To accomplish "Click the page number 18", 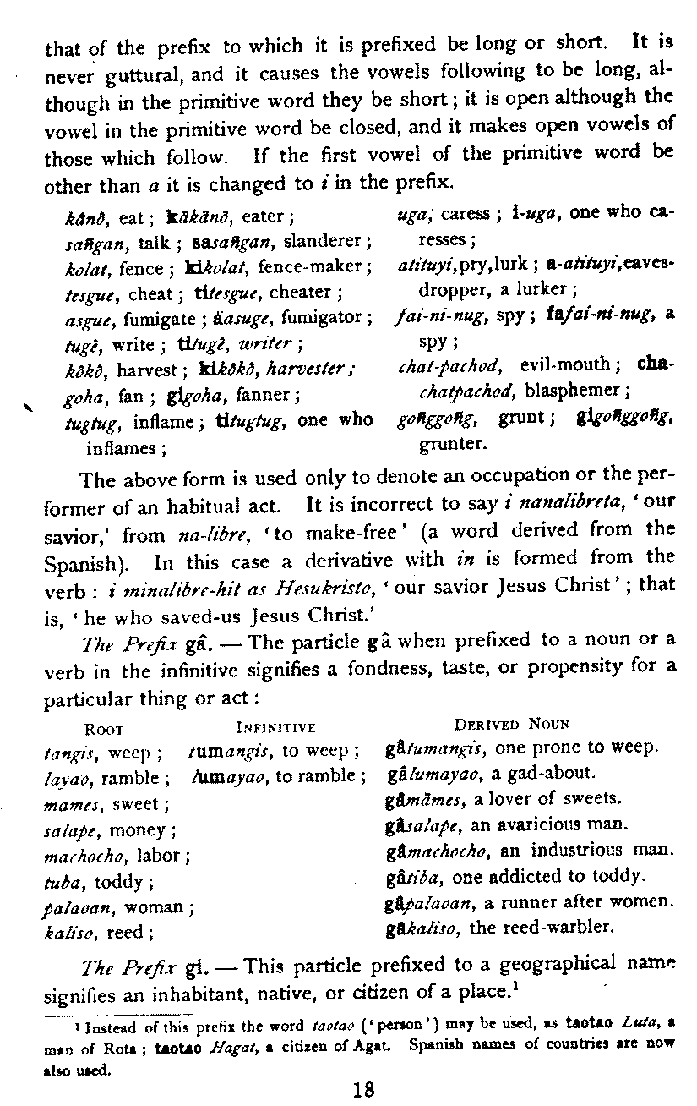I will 364,1087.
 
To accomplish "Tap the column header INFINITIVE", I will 275,725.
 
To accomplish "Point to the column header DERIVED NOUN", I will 511,724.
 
